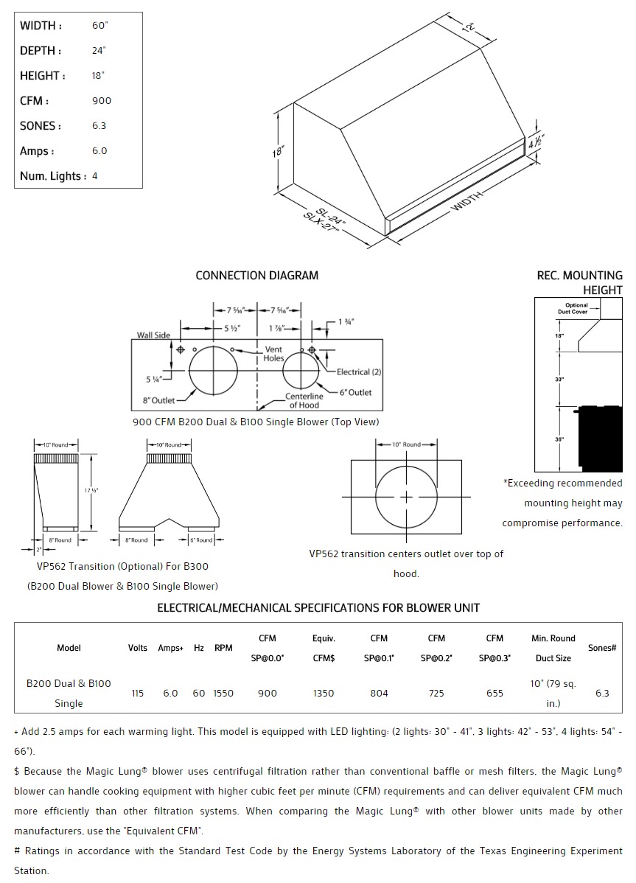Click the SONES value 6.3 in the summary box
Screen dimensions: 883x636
[99, 126]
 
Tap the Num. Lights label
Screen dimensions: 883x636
[53, 176]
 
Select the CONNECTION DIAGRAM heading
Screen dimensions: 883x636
[256, 276]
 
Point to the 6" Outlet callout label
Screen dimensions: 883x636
[355, 392]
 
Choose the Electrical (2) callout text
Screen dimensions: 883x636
[359, 372]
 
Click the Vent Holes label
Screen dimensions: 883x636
[273, 354]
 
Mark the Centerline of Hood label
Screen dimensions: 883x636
[304, 401]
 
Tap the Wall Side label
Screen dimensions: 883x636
[153, 335]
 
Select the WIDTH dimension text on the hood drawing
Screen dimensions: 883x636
[467, 200]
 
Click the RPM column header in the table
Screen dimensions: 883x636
[223, 648]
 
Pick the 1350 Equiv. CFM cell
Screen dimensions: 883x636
[324, 693]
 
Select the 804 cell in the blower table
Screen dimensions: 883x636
[379, 693]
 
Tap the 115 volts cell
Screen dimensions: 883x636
[138, 693]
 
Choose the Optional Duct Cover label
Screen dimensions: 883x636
[576, 308]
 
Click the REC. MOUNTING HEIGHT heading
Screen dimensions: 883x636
[580, 282]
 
